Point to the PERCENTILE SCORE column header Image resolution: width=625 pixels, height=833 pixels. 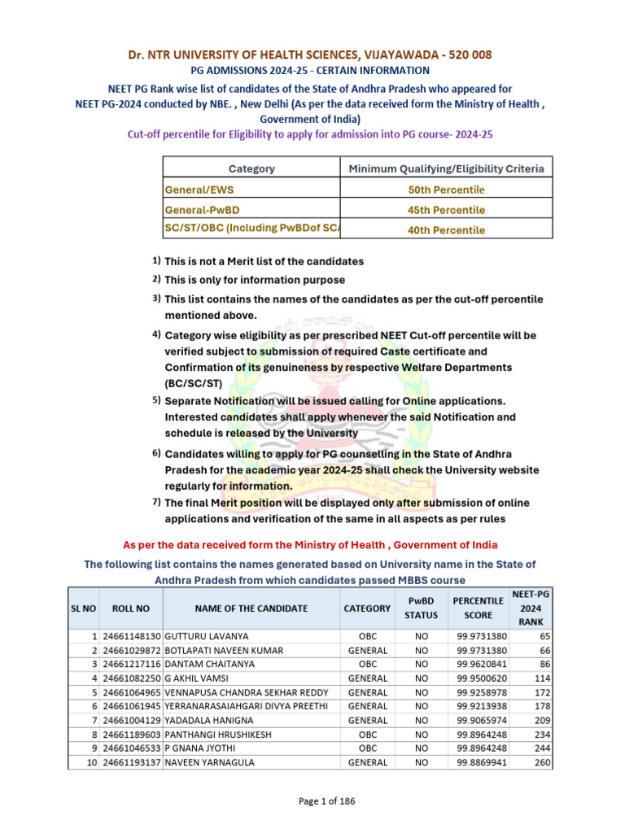478,608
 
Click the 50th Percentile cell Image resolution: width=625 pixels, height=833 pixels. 446,190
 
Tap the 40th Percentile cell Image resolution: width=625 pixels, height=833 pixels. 446,230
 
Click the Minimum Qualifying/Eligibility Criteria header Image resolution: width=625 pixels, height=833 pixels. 446,168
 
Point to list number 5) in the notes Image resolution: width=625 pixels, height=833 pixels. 156,400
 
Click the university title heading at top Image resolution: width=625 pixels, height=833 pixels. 312,55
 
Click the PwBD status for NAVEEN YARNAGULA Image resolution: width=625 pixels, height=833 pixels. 422,762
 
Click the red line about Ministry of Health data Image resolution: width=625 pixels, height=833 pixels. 310,544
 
